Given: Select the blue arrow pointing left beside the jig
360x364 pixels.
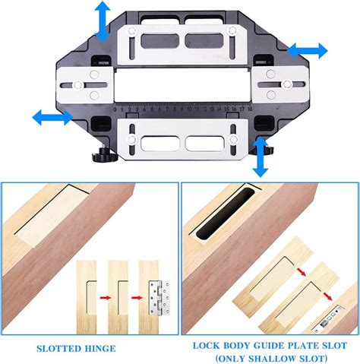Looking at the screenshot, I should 47,118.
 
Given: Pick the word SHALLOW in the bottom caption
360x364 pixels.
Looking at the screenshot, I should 276,356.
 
